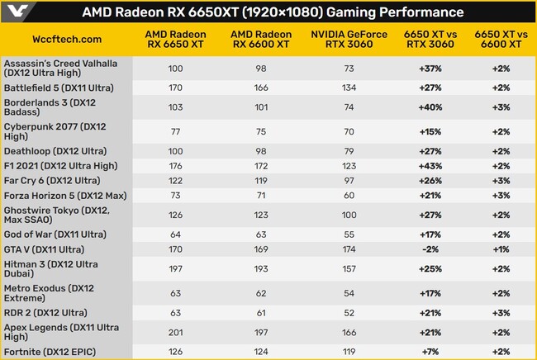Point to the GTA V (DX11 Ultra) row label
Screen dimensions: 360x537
point(48,249)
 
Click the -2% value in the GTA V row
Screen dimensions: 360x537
point(429,249)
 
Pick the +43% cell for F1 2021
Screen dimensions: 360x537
point(429,166)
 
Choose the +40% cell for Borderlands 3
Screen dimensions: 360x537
point(429,107)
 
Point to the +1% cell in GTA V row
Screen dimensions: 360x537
point(501,249)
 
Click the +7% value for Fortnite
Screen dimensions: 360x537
point(429,353)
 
